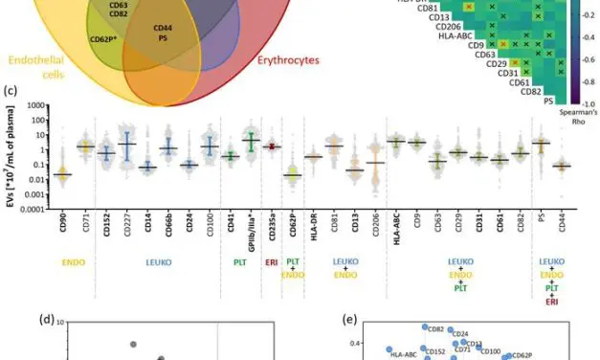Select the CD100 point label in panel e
tap(490, 351)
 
